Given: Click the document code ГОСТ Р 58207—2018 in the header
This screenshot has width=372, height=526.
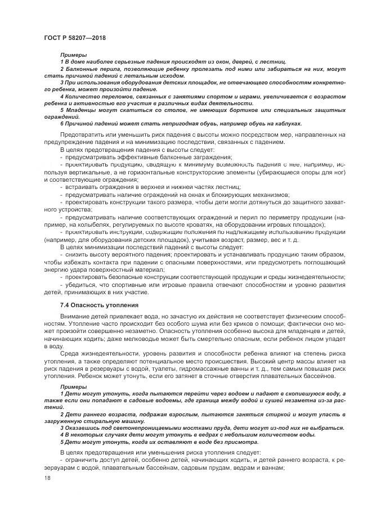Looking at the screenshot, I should (x=75, y=38).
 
